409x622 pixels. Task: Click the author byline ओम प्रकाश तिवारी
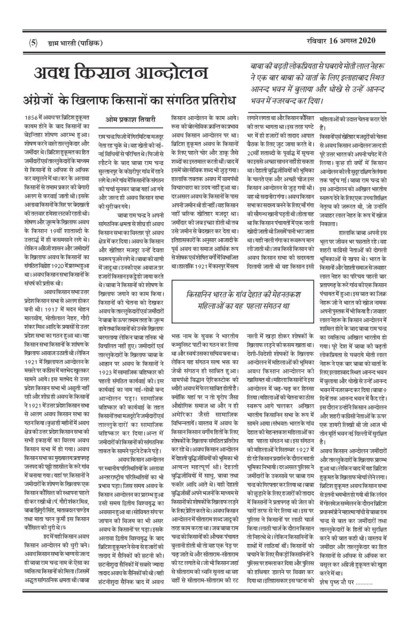pyautogui.click(x=130, y=120)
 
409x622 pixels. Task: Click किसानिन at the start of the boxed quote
pyautogui.click(x=198, y=294)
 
